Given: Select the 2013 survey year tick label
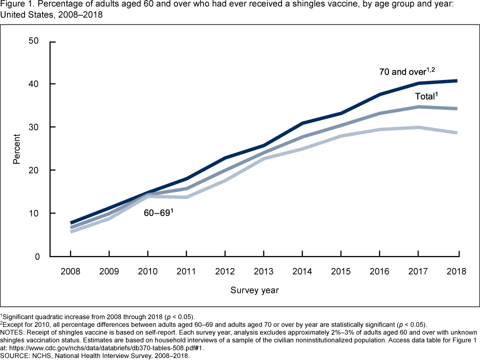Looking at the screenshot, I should [x=264, y=271].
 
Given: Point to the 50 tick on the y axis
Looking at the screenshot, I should [x=34, y=40].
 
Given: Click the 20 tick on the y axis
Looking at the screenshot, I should [x=34, y=170].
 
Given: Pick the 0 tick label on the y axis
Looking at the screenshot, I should [x=36, y=256].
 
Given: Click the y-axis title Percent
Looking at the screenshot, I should [x=17, y=148].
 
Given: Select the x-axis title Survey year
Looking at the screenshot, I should [x=254, y=290].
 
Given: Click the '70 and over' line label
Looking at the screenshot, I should [x=404, y=71].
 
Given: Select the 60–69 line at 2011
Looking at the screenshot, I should [x=186, y=197].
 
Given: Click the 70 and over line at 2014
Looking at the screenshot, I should [x=303, y=123].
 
